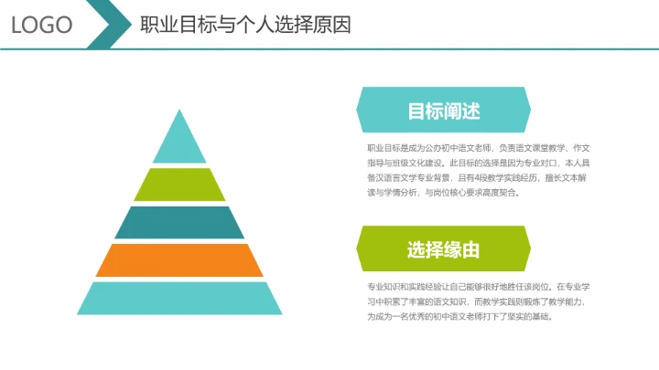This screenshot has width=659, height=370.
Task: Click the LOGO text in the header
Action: [x=42, y=25]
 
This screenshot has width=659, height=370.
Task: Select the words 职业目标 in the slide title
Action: [x=168, y=25]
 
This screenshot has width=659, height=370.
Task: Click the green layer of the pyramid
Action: [x=179, y=185]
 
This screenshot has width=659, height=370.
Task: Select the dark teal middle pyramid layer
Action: [x=179, y=222]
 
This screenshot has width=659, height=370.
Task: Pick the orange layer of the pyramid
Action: [x=179, y=259]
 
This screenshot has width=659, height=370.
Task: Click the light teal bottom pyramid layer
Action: [x=179, y=298]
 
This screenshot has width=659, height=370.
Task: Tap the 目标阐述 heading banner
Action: [x=443, y=111]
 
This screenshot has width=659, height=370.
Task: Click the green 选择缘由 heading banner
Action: [x=443, y=249]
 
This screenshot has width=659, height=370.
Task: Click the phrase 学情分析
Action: [x=394, y=193]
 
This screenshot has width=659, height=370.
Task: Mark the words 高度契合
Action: [x=498, y=193]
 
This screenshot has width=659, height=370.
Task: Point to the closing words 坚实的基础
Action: [x=532, y=316]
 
